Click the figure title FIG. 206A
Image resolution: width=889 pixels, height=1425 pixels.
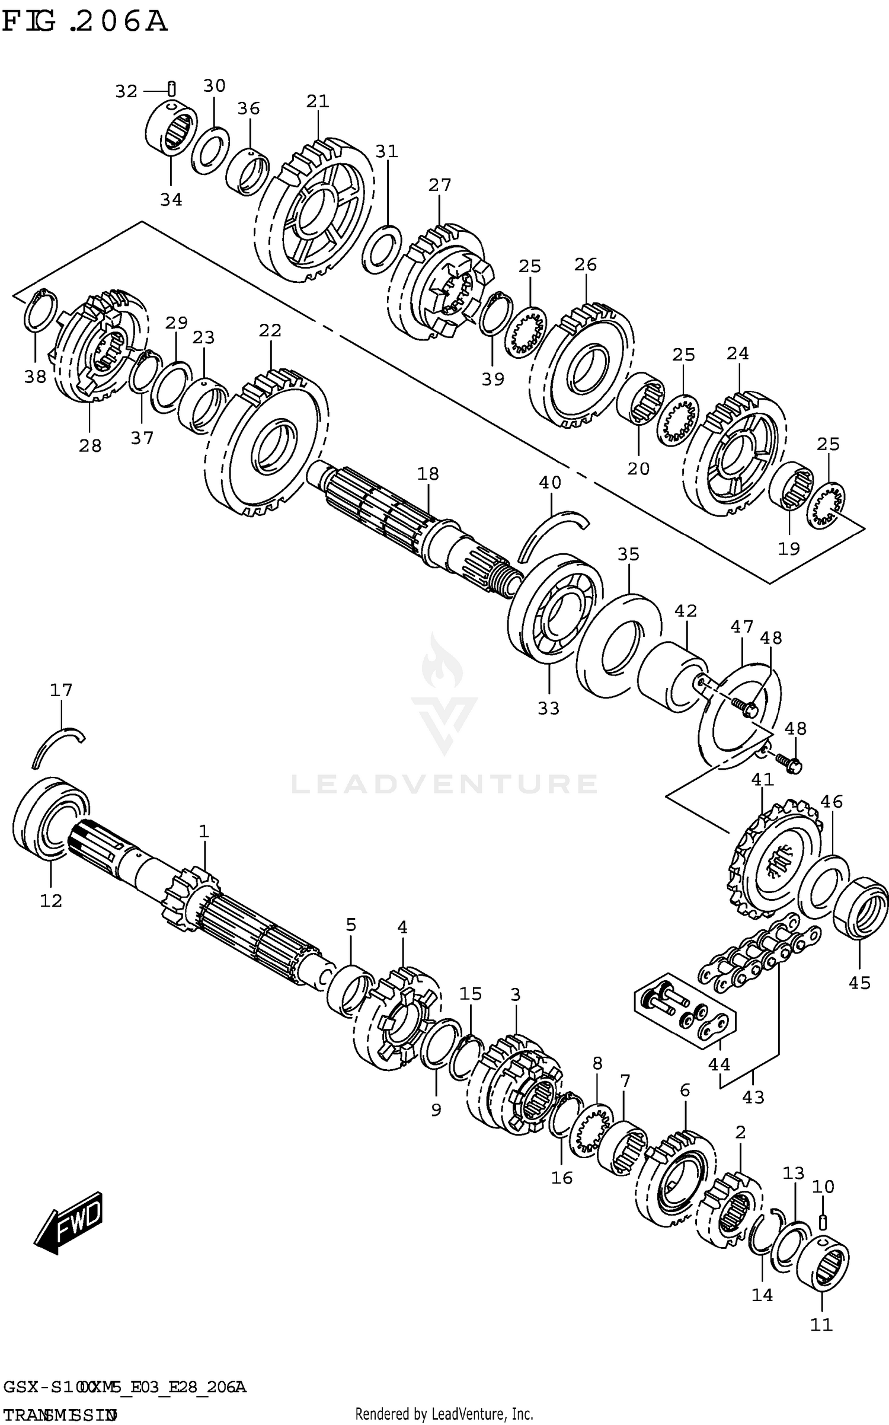click(x=85, y=23)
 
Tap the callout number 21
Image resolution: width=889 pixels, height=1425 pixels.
click(x=318, y=101)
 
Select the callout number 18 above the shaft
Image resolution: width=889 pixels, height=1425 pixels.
click(x=427, y=474)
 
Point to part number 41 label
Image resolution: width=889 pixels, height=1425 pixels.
click(x=763, y=779)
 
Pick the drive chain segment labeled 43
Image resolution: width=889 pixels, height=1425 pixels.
click(x=759, y=955)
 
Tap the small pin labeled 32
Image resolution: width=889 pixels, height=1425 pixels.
click(x=171, y=89)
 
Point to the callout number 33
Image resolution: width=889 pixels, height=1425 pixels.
click(x=548, y=708)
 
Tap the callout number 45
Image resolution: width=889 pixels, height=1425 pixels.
click(x=859, y=983)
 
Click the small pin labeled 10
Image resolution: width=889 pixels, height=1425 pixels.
click(x=823, y=1222)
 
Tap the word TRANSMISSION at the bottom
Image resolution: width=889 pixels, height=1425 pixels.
click(x=59, y=1410)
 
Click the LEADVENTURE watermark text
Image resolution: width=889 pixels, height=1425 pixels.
click(x=444, y=785)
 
